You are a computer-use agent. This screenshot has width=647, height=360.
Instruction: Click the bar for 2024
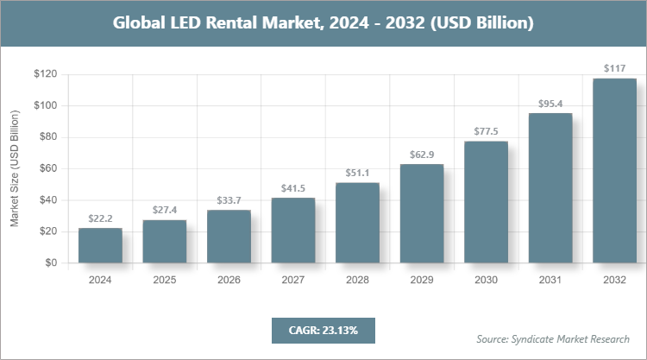point(100,245)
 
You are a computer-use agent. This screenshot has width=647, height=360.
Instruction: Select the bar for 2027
point(293,231)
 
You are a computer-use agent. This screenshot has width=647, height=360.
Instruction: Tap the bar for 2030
point(486,202)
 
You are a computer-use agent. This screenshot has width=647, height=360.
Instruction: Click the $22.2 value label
point(100,219)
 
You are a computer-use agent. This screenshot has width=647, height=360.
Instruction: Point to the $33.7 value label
point(229,201)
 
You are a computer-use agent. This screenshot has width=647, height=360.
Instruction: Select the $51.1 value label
point(357,174)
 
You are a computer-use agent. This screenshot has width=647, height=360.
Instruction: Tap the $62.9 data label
point(422,155)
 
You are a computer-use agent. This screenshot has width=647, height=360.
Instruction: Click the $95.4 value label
point(550,104)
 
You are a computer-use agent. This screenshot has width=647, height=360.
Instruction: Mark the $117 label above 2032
point(614,70)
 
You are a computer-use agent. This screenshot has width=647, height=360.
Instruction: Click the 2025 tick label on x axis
point(165,281)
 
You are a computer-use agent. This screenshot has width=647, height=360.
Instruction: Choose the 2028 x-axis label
point(357,281)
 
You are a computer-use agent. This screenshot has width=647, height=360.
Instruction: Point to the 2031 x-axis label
point(550,281)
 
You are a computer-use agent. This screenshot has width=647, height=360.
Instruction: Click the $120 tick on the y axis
point(46,75)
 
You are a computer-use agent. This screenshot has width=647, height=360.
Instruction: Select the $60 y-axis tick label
point(48,169)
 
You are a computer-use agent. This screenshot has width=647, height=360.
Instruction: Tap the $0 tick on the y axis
point(51,263)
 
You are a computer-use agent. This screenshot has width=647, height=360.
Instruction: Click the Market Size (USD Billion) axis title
point(15,169)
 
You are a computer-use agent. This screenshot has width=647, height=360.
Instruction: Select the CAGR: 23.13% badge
point(323,330)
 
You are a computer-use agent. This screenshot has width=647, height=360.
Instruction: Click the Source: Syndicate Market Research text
point(553,338)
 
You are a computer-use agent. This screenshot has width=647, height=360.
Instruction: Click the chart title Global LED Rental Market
point(323,22)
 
